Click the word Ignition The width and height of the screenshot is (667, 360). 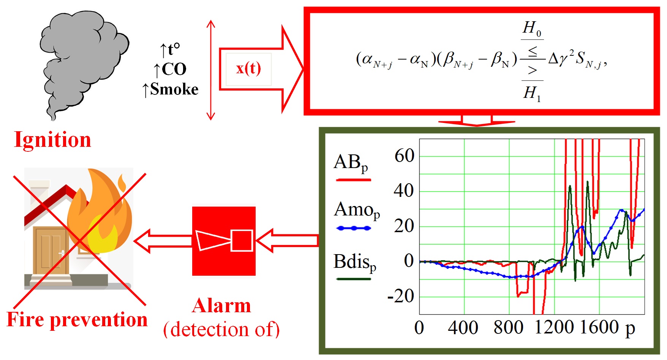pyautogui.click(x=52, y=140)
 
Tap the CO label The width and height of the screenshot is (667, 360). pyautogui.click(x=170, y=69)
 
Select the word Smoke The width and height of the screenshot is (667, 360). pyautogui.click(x=174, y=90)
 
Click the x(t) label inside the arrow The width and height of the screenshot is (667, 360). pyautogui.click(x=248, y=69)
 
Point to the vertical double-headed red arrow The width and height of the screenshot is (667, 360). pyautogui.click(x=211, y=70)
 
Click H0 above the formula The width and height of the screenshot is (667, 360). pyautogui.click(x=532, y=28)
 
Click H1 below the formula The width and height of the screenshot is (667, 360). pyautogui.click(x=532, y=93)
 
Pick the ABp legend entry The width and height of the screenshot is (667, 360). pyautogui.click(x=351, y=163)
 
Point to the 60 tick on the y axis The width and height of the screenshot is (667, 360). pyautogui.click(x=404, y=156)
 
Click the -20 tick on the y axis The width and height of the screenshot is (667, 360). pyautogui.click(x=401, y=296)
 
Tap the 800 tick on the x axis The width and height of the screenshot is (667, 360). pyautogui.click(x=508, y=327)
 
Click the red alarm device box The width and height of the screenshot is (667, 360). pyautogui.click(x=224, y=241)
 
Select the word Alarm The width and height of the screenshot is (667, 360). pyautogui.click(x=221, y=306)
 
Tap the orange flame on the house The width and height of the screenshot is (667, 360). pyautogui.click(x=101, y=212)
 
